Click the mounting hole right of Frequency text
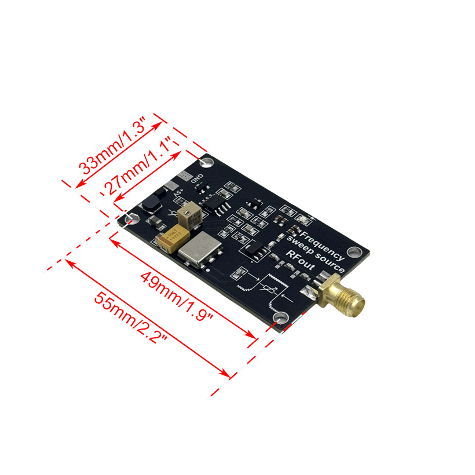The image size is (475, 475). pyautogui.click(x=356, y=252)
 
